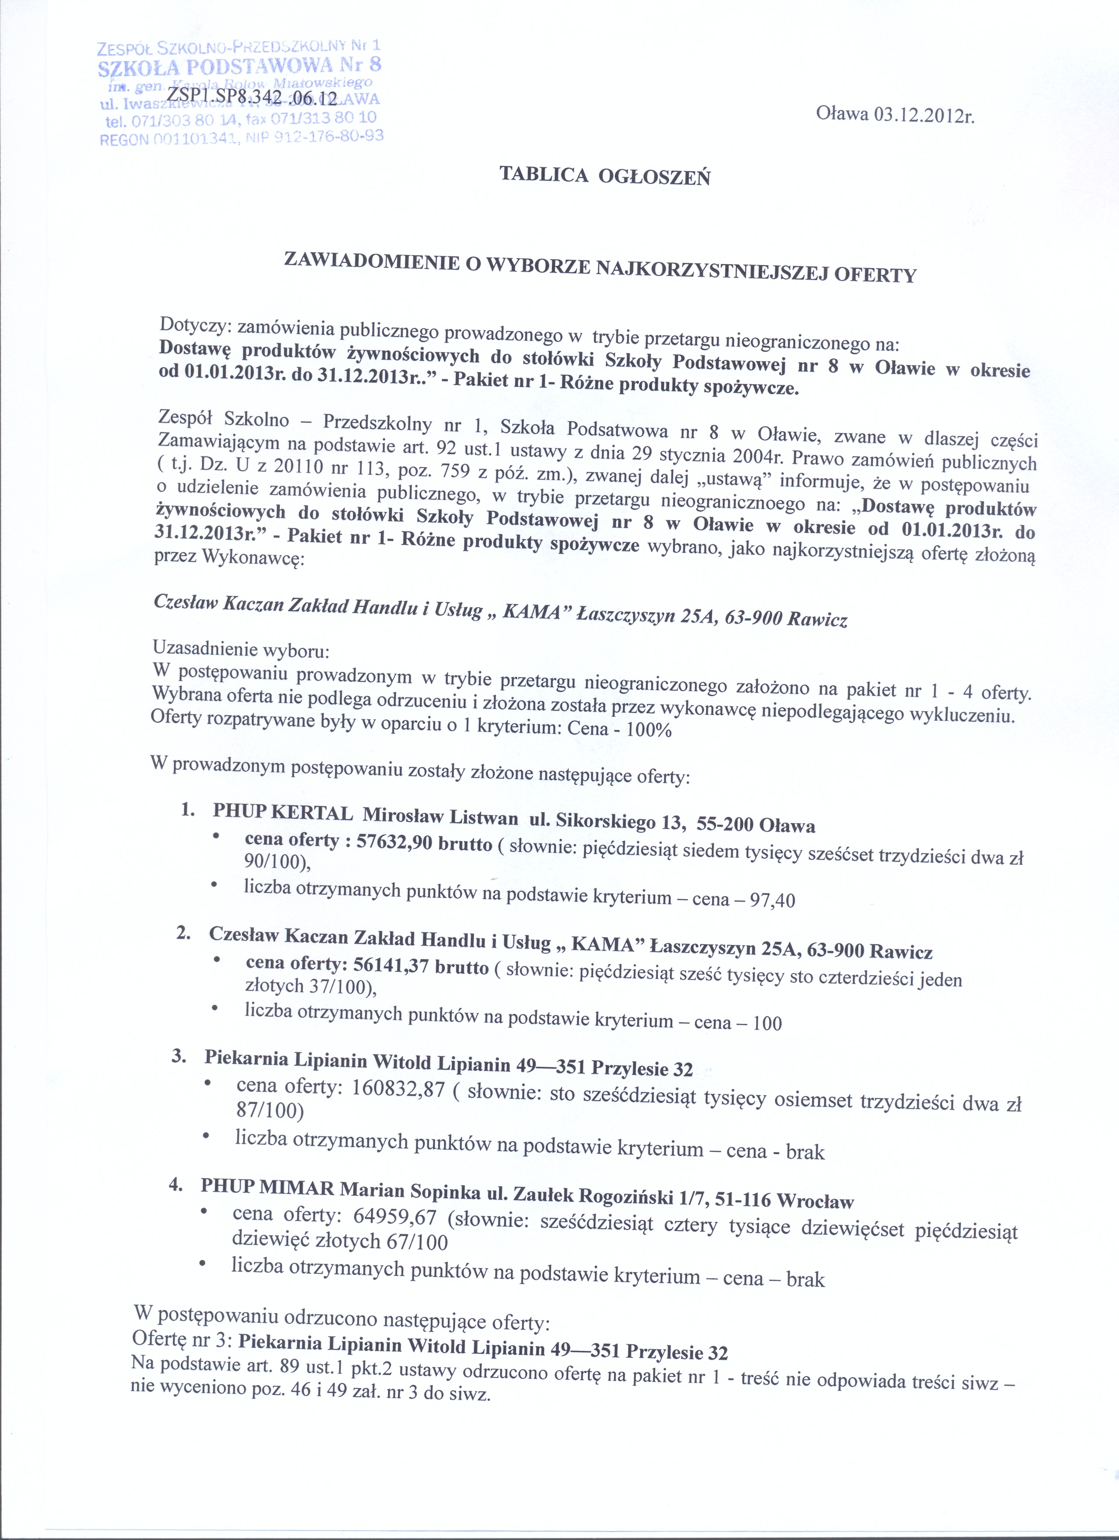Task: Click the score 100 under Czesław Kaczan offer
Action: point(767,1023)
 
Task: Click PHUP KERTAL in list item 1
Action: point(283,812)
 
